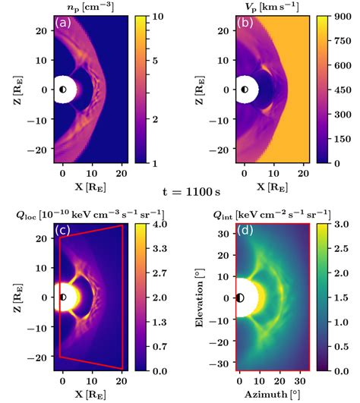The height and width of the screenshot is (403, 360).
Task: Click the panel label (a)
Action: tap(62, 24)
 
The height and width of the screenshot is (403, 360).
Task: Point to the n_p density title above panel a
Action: tap(84, 7)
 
